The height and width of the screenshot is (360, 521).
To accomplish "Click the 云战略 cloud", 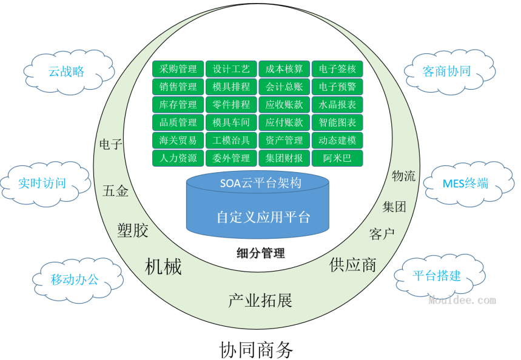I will (67, 72).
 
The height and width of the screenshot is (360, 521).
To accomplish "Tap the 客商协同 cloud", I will (446, 71).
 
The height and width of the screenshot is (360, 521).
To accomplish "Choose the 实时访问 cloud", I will (42, 182).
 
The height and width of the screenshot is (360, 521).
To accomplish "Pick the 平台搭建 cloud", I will (437, 276).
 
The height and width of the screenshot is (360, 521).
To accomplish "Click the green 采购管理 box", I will (178, 69).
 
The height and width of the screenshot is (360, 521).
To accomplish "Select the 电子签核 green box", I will (337, 69).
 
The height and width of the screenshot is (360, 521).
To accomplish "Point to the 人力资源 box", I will (178, 158).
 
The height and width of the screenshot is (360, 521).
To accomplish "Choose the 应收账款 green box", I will (284, 104).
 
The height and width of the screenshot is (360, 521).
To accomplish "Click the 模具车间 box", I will (230, 122).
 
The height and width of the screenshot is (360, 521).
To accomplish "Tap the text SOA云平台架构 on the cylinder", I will (260, 182).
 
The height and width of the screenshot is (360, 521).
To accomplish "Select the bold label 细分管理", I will (260, 253).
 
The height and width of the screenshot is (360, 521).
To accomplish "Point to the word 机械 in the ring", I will (163, 266).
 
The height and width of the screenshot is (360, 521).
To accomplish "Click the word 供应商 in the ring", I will (353, 264).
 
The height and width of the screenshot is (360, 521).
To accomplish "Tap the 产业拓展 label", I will (260, 300).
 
